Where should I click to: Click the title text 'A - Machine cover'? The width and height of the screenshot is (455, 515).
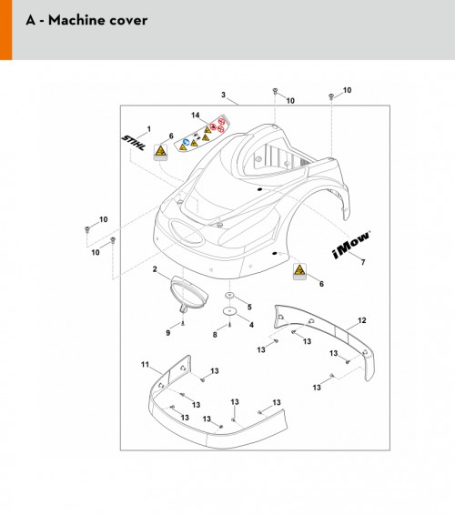pyautogui.click(x=86, y=20)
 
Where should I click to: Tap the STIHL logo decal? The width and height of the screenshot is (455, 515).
pyautogui.click(x=134, y=143)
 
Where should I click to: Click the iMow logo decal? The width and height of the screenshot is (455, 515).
pyautogui.click(x=351, y=245)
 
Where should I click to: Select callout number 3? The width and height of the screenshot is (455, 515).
pyautogui.click(x=223, y=95)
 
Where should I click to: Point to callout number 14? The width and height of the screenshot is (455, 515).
pyautogui.click(x=195, y=116)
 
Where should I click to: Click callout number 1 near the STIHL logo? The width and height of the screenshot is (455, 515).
pyautogui.click(x=149, y=129)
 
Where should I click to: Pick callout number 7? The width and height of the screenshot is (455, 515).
pyautogui.click(x=363, y=262)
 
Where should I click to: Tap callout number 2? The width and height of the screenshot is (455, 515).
pyautogui.click(x=155, y=269)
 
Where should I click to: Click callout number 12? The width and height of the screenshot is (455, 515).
pyautogui.click(x=361, y=320)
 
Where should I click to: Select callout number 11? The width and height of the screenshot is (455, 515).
pyautogui.click(x=145, y=365)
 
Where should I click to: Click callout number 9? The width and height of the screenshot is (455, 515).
pyautogui.click(x=167, y=333)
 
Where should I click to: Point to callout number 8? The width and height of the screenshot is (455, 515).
pyautogui.click(x=215, y=335)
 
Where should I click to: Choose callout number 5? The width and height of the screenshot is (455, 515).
pyautogui.click(x=249, y=308)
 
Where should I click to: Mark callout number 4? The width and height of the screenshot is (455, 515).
pyautogui.click(x=251, y=325)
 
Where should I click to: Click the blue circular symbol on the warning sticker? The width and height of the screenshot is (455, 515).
pyautogui.click(x=187, y=142)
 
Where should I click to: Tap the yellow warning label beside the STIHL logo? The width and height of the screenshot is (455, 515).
pyautogui.click(x=161, y=153)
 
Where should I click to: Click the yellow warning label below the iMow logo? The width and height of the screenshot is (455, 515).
pyautogui.click(x=299, y=272)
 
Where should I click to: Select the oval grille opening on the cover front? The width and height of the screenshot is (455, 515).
pyautogui.click(x=187, y=233)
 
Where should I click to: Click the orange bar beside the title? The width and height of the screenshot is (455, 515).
pyautogui.click(x=5, y=30)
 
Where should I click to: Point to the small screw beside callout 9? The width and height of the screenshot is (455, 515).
pyautogui.click(x=183, y=323)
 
